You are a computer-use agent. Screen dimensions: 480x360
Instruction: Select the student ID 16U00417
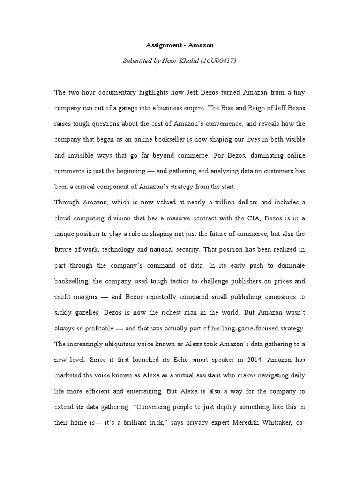(x=214, y=61)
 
